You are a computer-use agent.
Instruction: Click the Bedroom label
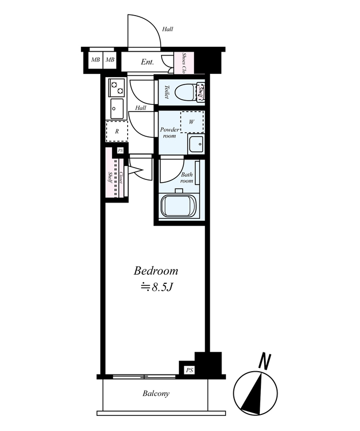[x=156, y=271]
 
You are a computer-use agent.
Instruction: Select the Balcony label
[x=156, y=394]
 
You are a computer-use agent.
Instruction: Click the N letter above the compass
[x=265, y=362]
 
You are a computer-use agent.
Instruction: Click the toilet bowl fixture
[x=185, y=92]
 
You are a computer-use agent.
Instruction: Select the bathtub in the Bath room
[x=179, y=206]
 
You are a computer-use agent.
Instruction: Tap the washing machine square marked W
[x=192, y=122]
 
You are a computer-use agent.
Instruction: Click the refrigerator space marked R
[x=117, y=131]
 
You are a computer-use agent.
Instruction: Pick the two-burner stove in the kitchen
[x=117, y=87]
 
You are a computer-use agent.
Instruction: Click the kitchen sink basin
[x=117, y=108]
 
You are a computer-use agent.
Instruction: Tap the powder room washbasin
[x=196, y=144]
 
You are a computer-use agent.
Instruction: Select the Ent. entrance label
[x=147, y=62]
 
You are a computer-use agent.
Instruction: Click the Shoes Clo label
[x=184, y=63]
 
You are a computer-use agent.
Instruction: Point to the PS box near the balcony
[x=189, y=370]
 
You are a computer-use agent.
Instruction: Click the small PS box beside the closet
[x=120, y=151]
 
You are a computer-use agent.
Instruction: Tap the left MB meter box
[x=95, y=59]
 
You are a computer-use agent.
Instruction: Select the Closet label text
[x=121, y=178]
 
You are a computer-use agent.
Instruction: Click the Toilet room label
[x=167, y=92]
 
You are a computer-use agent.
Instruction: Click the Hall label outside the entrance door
[x=168, y=29]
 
